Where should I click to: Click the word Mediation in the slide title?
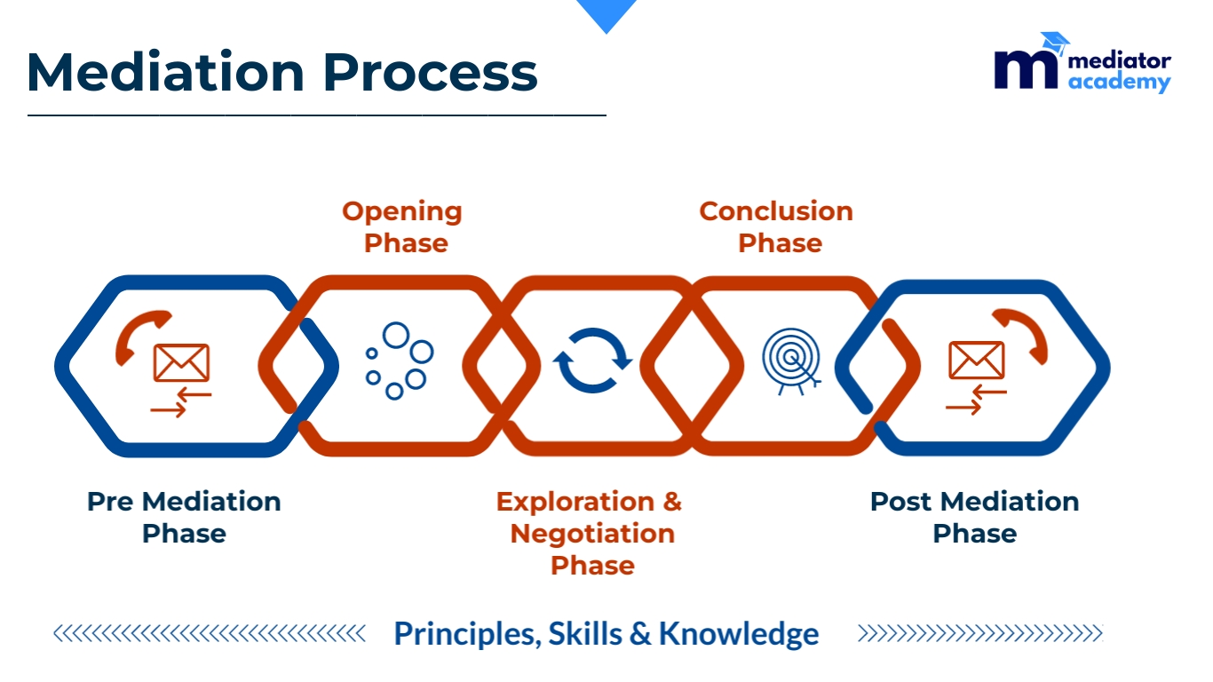coord(166,72)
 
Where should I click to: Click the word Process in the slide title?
coord(431,72)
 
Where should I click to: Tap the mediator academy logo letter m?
coord(1026,70)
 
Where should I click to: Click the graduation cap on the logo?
coord(1055,43)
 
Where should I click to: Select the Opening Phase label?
coord(401,227)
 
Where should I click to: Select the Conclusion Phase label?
coord(776,227)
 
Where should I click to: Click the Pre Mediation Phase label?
coord(184,518)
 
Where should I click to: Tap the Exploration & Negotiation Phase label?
coord(589,533)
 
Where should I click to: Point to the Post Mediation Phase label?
coord(975,518)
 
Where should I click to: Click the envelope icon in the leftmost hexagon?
coord(181,362)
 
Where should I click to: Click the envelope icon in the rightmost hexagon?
coord(977,361)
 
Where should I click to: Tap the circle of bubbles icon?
coord(400,361)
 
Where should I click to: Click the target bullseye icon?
coord(792,361)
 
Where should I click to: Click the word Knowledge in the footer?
coord(739,634)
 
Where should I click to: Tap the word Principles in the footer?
coord(468,634)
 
